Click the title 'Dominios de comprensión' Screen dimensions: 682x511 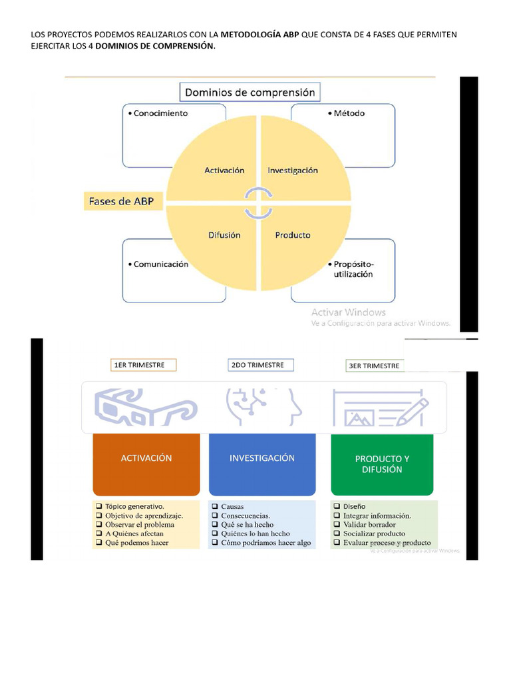[250, 93]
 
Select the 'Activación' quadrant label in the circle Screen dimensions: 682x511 [224, 170]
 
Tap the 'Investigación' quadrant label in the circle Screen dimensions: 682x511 [293, 170]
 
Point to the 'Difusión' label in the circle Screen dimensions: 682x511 [224, 235]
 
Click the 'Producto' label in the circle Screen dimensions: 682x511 [293, 235]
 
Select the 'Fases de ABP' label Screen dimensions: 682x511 [124, 202]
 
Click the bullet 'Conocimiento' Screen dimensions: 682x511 [158, 113]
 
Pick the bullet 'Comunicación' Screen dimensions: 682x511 [158, 264]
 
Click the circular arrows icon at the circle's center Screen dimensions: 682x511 [258, 202]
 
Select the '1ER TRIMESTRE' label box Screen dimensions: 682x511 [143, 365]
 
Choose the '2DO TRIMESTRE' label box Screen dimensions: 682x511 [260, 365]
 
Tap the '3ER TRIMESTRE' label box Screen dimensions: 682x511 [374, 366]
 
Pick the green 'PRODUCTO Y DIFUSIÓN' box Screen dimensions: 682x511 [382, 464]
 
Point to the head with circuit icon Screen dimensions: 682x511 [263, 407]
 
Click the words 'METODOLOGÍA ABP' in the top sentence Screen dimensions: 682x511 [260, 34]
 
